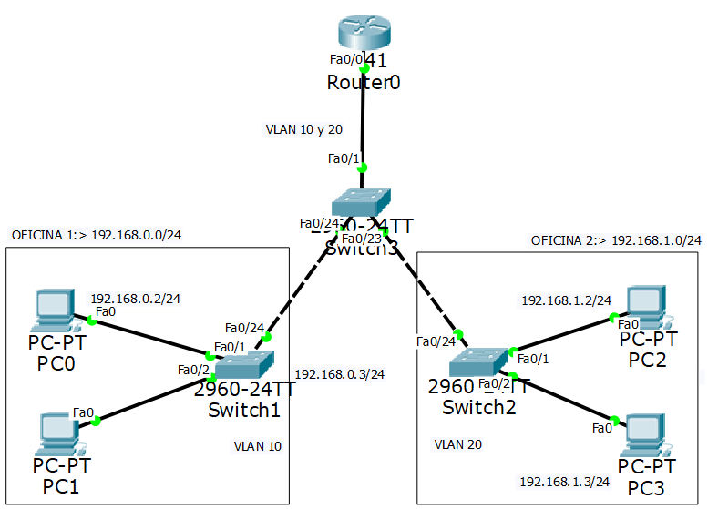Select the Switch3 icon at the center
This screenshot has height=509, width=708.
(360, 201)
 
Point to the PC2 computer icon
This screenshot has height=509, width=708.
(648, 308)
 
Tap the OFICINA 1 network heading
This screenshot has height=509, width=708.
(97, 235)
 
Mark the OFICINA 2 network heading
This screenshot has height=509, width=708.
(616, 240)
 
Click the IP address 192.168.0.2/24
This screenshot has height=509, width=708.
(135, 298)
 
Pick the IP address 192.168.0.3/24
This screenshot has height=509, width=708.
(340, 374)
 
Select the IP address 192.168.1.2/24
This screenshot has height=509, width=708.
(566, 300)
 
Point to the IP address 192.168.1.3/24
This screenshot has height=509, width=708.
(565, 480)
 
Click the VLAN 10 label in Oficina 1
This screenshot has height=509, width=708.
(258, 446)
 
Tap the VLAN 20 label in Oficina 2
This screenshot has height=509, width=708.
(457, 444)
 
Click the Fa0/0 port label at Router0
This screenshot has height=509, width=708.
(345, 59)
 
